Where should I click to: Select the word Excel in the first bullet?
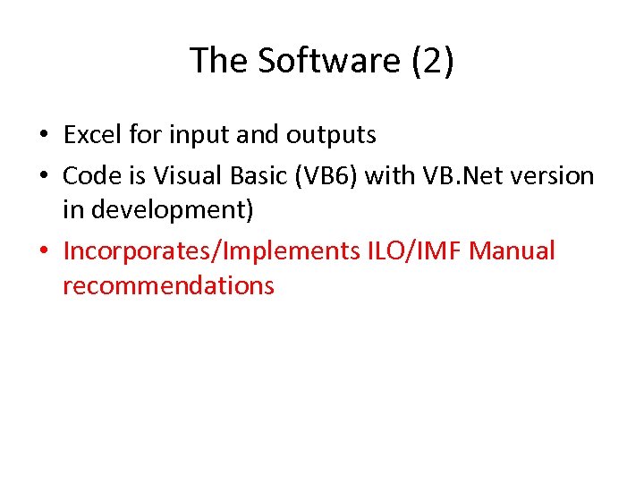coord(93,135)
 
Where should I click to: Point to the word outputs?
coord(331,135)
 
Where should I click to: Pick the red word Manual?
coord(512,251)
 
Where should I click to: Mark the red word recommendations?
coord(168,286)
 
